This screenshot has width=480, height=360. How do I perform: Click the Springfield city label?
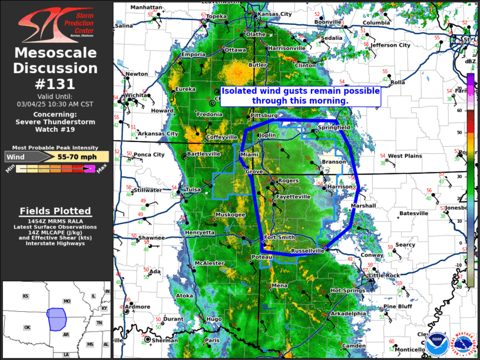[x=334, y=127]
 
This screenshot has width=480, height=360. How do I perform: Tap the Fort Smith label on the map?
[x=279, y=237]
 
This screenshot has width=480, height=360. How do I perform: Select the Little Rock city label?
[x=383, y=275]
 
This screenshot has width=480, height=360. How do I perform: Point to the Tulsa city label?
[x=193, y=190]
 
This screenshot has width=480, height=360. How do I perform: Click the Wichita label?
[x=135, y=94]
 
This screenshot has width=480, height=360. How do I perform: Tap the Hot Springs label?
[x=347, y=290]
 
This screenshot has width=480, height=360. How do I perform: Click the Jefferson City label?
[x=390, y=45]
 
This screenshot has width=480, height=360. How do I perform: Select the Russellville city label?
[x=307, y=250]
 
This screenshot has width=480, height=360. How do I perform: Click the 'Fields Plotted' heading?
[x=55, y=211]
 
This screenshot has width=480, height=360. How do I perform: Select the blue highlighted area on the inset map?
[x=57, y=318]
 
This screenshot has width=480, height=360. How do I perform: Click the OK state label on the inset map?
[x=27, y=327]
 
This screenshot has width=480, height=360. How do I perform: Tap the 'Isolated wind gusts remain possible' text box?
[x=300, y=96]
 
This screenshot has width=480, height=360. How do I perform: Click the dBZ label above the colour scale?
[x=470, y=61]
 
